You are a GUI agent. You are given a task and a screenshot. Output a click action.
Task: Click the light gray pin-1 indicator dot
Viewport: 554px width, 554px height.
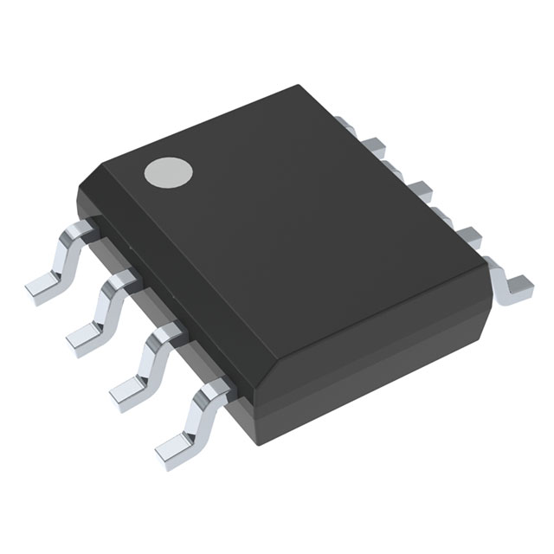coord(168,172)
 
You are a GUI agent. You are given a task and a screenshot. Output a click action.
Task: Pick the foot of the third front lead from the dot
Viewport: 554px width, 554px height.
coord(127,386)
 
